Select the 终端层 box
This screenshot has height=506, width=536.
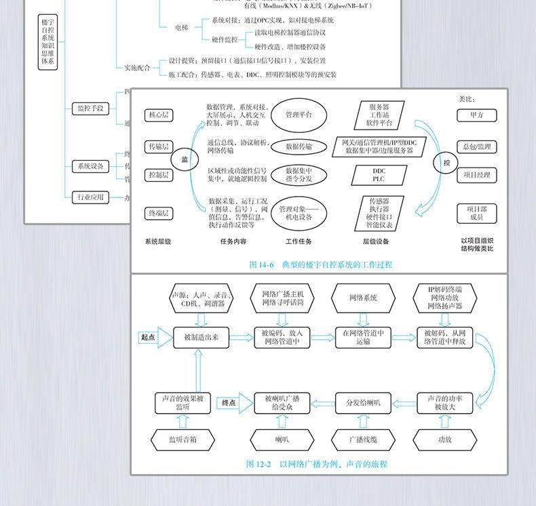tap(159, 213)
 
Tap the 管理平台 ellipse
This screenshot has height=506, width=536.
tap(299, 115)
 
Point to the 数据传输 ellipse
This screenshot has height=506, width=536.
tap(299, 146)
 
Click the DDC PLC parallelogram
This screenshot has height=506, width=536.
tap(379, 175)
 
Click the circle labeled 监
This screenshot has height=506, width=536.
tap(184, 159)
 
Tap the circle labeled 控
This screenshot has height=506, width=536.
tap(446, 163)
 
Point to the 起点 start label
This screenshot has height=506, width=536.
tap(148, 337)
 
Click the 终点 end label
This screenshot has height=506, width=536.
tap(229, 403)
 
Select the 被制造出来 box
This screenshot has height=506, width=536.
tap(201, 337)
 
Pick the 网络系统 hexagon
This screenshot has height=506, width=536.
tap(363, 298)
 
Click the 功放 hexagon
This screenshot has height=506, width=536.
tap(444, 440)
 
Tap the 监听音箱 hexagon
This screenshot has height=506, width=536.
tap(183, 440)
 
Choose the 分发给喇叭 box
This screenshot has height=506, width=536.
tap(363, 403)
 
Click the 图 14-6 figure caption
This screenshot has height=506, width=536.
tap(320, 265)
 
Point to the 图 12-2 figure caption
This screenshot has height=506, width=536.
tap(316, 464)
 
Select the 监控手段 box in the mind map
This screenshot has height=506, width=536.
tap(90, 108)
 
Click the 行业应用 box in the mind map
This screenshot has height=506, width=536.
tap(90, 197)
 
